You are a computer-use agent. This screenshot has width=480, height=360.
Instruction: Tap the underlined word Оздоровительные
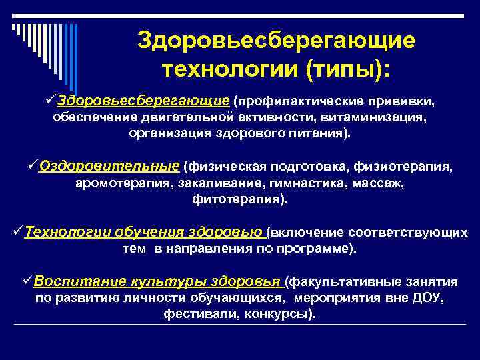(x=110, y=166)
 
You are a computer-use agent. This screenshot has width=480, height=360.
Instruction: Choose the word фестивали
(x=193, y=313)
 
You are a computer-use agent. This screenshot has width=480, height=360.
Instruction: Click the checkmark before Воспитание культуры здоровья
(x=28, y=280)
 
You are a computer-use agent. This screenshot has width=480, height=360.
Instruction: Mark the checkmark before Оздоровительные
(x=33, y=165)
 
